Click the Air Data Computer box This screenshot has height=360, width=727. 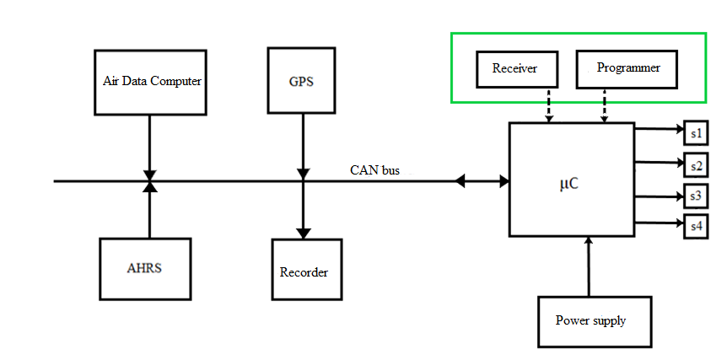click(x=150, y=82)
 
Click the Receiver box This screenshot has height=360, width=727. click(x=514, y=69)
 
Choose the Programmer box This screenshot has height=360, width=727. click(x=627, y=68)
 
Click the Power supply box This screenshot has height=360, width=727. click(x=595, y=320)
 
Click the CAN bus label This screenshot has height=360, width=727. click(x=374, y=170)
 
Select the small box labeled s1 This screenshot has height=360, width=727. click(x=696, y=134)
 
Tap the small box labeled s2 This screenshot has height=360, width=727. click(x=696, y=165)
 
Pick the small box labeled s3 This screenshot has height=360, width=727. click(x=696, y=196)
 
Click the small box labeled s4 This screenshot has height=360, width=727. click(x=696, y=225)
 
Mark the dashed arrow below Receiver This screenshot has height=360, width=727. click(x=550, y=105)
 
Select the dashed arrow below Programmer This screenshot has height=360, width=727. click(x=604, y=105)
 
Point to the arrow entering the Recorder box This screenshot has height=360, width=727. click(x=302, y=211)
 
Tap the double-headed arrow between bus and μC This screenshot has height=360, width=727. click(x=482, y=180)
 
